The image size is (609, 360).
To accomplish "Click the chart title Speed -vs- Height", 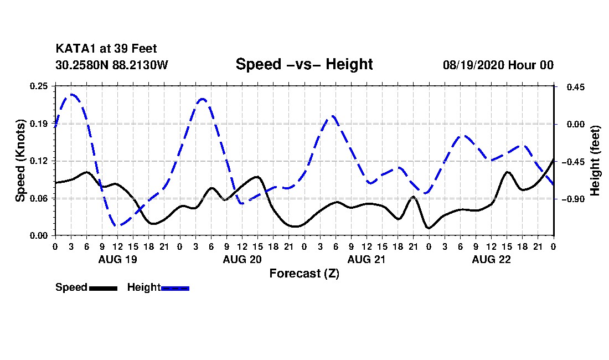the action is coord(304,64).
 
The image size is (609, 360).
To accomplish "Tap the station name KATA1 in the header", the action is coord(76,49).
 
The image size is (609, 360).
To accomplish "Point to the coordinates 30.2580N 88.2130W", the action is coord(112,65).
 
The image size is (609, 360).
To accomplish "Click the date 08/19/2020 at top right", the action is coord(473,65).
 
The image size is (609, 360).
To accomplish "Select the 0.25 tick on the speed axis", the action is coord(39,86).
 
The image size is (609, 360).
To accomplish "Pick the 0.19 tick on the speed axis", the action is coord(39,124).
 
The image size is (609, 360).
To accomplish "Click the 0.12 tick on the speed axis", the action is coord(39,161).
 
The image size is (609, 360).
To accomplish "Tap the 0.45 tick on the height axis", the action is coord(576,87).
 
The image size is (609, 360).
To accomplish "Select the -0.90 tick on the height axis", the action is coord(572,199).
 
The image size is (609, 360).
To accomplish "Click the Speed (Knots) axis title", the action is coord(20,161).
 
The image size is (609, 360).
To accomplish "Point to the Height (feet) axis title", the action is coord(595,161).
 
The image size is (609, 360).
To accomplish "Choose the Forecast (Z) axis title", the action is coord(304,274).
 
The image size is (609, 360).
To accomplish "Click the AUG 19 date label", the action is coord(118,259).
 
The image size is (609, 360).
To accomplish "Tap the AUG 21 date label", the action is coord(367,259).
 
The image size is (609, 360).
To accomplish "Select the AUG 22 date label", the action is coord(491,259).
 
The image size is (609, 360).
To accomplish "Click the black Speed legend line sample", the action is coord(104,289).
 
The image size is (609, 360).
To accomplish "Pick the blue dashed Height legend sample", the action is coord(175,289).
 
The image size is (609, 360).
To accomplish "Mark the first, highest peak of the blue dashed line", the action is coord(72,94).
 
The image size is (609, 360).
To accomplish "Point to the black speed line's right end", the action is coord(553,159).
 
